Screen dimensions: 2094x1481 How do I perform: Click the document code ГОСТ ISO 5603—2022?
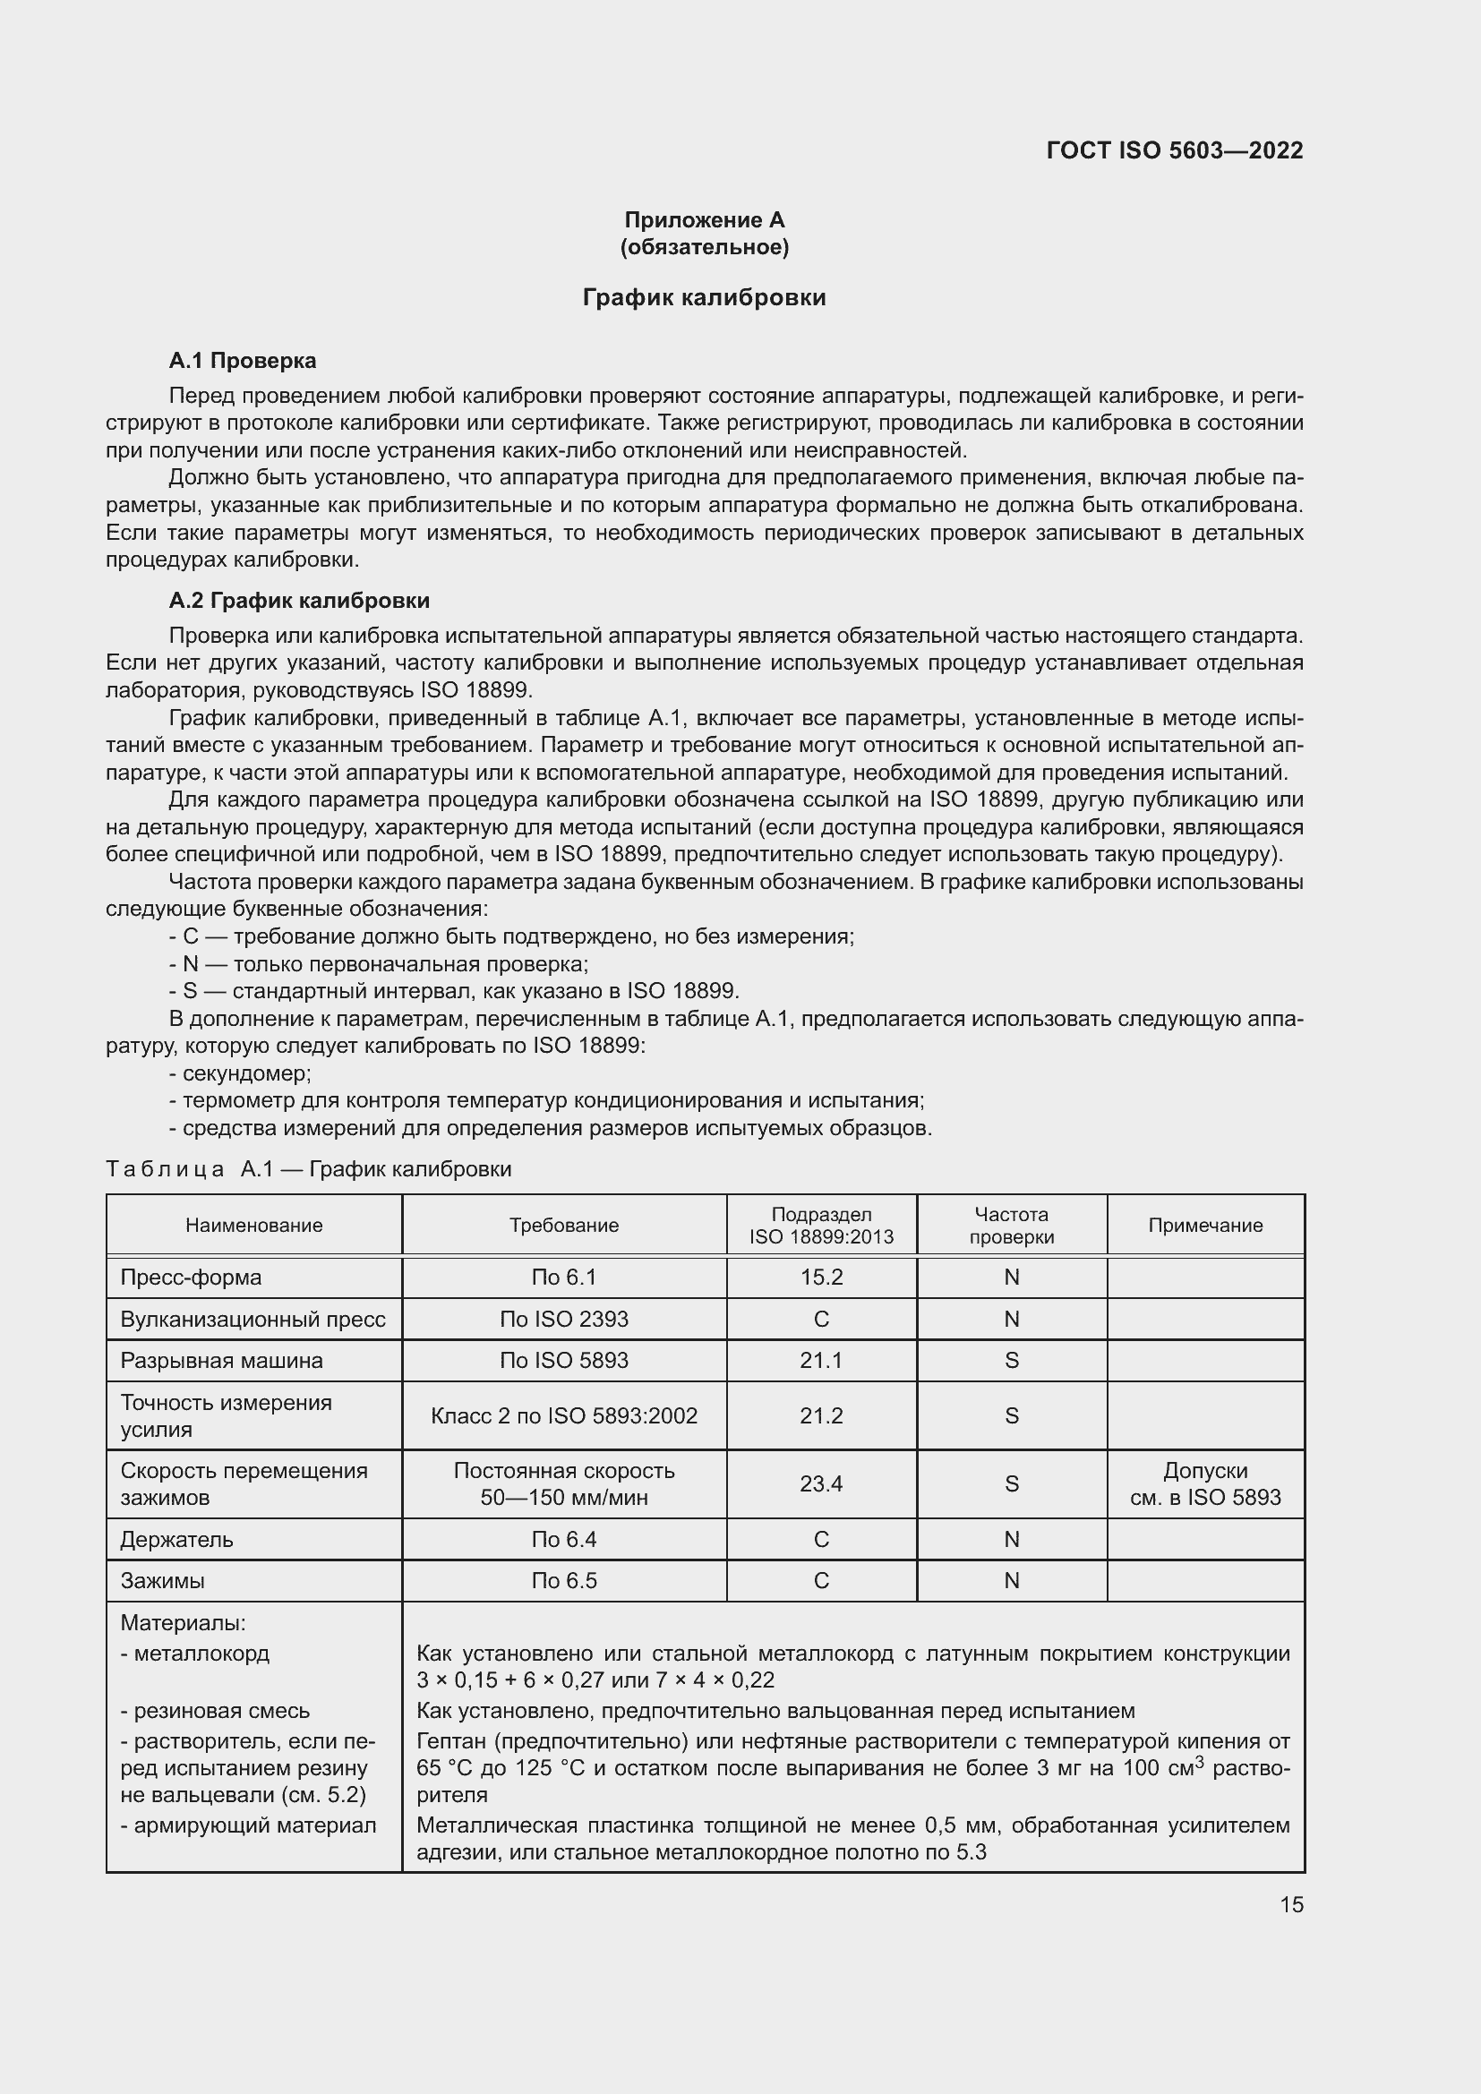pos(1174,150)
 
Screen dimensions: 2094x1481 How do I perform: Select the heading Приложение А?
pos(704,220)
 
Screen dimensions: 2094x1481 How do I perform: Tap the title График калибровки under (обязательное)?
pos(704,298)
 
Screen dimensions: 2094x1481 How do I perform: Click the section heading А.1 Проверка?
pos(243,360)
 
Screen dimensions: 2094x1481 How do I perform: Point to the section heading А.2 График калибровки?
pos(299,600)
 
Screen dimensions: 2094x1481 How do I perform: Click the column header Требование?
pos(563,1225)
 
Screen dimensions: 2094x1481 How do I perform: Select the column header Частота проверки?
pos(1011,1225)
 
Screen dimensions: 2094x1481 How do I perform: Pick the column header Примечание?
pos(1204,1225)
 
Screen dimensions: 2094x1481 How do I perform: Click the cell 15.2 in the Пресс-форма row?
pos(821,1277)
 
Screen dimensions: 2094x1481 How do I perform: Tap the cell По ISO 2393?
pos(563,1319)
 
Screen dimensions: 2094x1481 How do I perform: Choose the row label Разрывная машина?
pos(221,1360)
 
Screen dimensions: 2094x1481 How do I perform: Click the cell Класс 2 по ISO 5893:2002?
pos(563,1415)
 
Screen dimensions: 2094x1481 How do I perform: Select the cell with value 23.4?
pos(821,1483)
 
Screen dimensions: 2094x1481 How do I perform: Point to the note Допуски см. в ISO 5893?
pos(1204,1483)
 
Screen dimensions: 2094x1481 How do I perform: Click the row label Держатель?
pos(177,1540)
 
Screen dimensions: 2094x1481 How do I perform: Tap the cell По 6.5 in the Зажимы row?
pos(563,1580)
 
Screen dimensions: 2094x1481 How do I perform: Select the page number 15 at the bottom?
pos(1291,1904)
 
